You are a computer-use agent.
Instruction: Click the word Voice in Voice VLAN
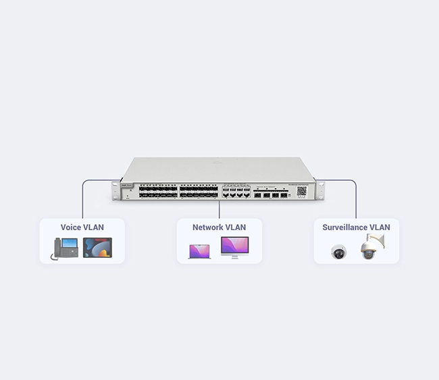[72, 227]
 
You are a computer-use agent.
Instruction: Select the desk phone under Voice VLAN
[64, 248]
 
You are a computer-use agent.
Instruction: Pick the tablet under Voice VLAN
[97, 248]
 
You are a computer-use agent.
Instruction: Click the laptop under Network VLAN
[199, 252]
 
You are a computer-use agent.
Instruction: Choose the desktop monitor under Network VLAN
[234, 248]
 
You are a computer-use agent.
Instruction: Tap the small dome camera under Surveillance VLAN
[338, 252]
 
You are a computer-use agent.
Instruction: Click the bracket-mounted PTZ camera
[372, 246]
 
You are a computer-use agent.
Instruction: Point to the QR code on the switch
[301, 191]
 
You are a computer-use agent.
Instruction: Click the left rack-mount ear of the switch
[116, 191]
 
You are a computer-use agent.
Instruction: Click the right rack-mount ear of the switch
[320, 191]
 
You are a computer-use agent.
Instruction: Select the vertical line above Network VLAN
[219, 209]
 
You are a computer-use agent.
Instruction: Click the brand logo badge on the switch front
[127, 185]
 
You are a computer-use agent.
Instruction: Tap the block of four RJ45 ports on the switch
[236, 191]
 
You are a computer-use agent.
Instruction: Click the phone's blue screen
[70, 243]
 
